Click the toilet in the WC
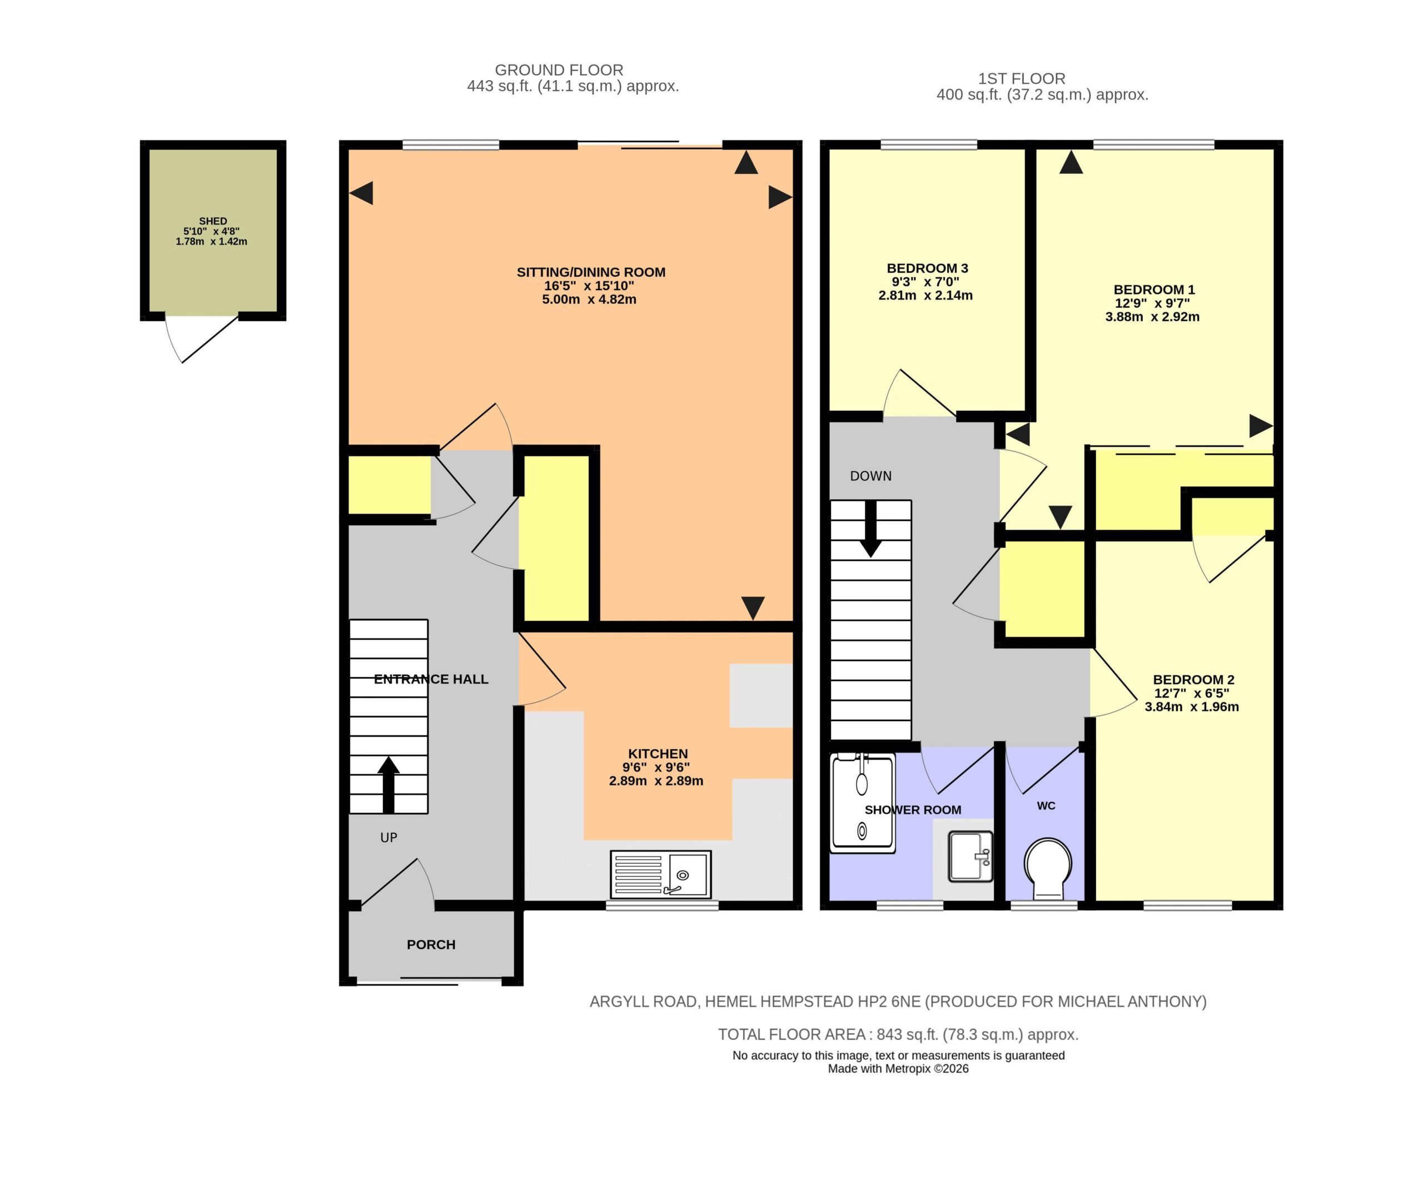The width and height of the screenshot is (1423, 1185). (1048, 869)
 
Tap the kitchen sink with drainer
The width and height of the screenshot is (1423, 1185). (661, 874)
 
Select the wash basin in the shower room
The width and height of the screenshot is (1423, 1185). (971, 857)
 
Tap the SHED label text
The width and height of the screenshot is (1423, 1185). (213, 221)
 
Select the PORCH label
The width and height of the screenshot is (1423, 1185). (431, 944)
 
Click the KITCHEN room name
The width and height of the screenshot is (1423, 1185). (658, 754)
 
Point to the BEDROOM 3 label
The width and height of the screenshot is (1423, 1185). (928, 268)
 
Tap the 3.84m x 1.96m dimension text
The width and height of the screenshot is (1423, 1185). (1192, 706)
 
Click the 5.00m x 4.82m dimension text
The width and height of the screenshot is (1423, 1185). (589, 299)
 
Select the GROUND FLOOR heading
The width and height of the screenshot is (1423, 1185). (559, 70)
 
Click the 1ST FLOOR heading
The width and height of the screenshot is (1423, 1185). (1022, 78)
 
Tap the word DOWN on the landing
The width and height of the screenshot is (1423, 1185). (870, 476)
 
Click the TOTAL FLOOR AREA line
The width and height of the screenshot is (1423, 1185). (898, 1034)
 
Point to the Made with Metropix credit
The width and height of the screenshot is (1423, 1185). (898, 1068)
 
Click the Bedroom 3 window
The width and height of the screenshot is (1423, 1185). (929, 145)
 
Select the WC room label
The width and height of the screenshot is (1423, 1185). (1046, 805)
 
